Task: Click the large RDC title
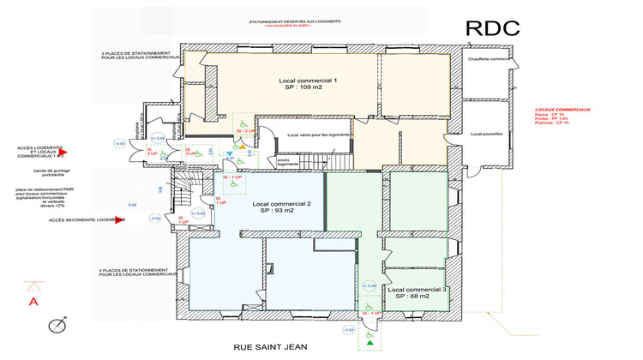click(x=493, y=27)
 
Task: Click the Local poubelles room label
click(x=485, y=135)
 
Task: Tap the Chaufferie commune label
click(x=490, y=59)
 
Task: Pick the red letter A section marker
click(x=34, y=302)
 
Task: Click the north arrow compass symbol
click(x=58, y=325)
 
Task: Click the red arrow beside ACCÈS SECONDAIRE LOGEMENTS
click(x=122, y=220)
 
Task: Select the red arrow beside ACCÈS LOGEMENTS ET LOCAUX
click(x=73, y=153)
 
